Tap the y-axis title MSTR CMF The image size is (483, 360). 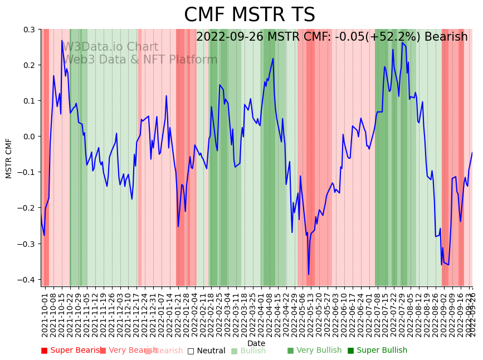point(9,158)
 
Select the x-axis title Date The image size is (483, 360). point(256,343)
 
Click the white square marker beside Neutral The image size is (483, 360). point(191,351)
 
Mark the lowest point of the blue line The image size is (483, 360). point(309,274)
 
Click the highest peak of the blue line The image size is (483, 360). point(62,41)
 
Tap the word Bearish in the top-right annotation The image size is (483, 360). point(446,37)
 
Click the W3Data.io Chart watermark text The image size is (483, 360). point(110,47)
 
